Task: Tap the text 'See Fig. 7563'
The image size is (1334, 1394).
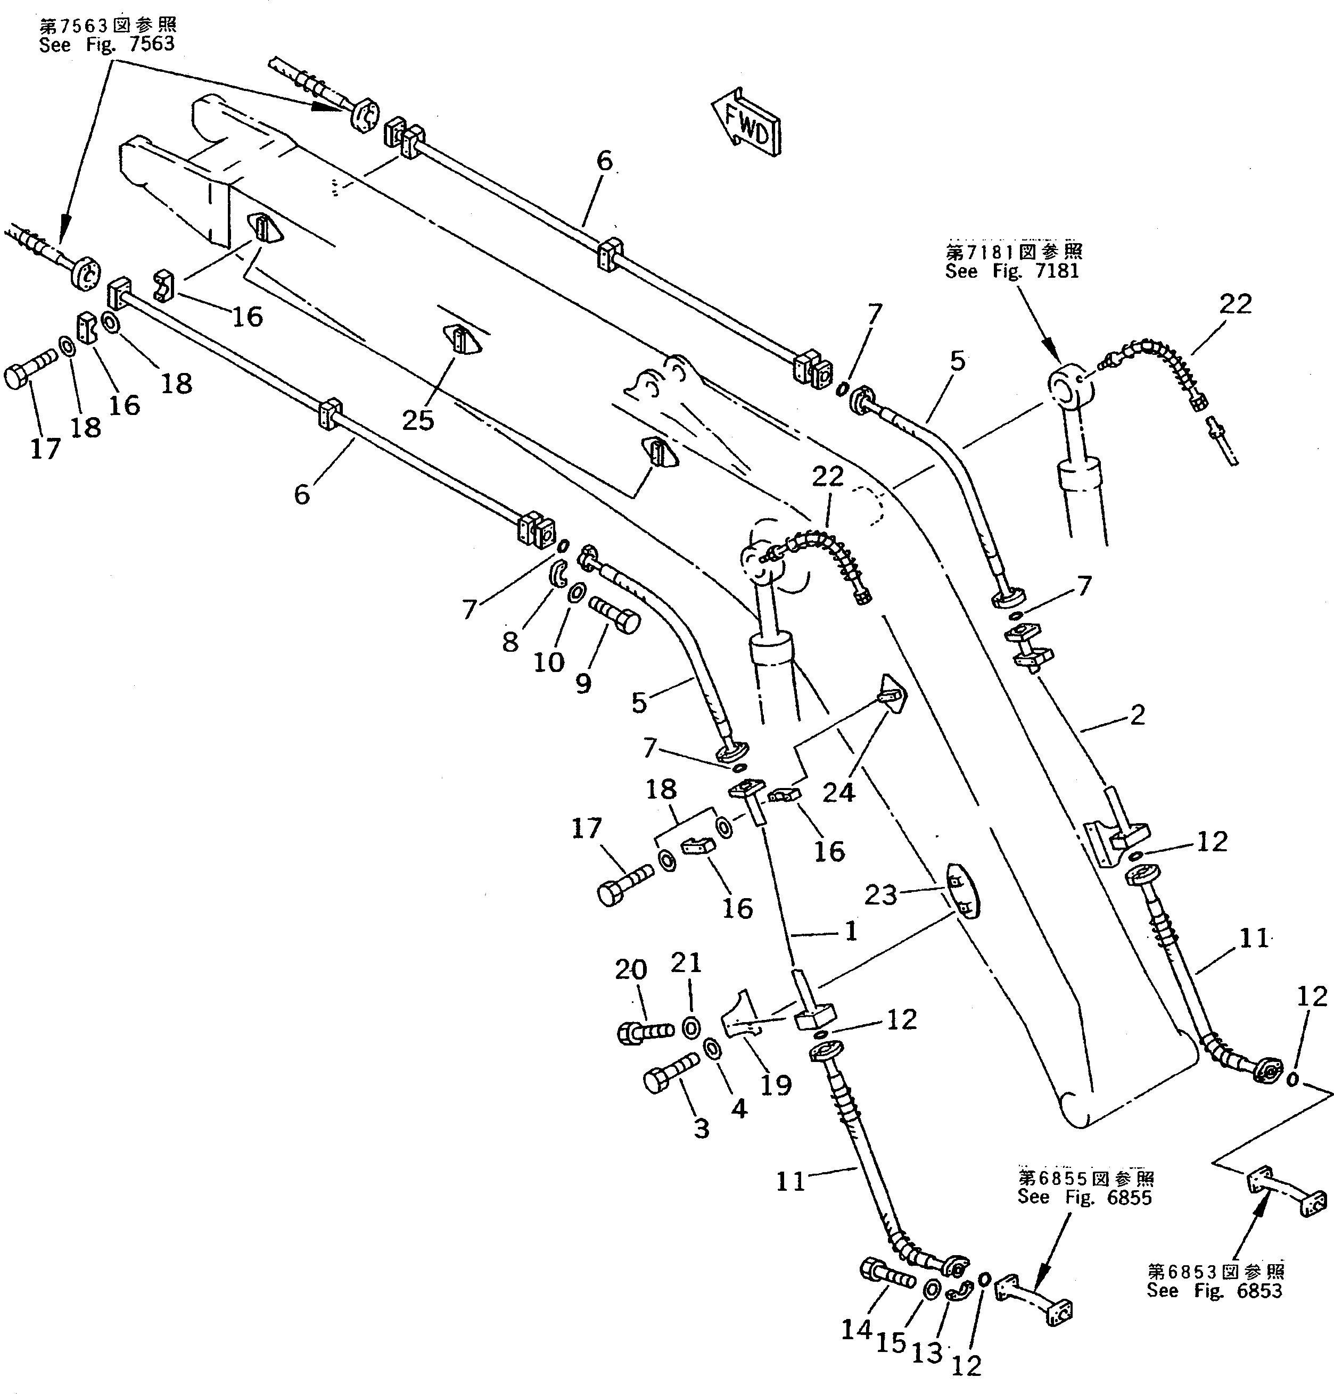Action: (x=106, y=44)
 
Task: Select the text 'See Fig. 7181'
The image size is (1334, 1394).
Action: (x=1011, y=271)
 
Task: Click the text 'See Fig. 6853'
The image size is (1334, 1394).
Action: (x=1215, y=1291)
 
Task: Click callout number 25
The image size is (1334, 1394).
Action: (x=417, y=420)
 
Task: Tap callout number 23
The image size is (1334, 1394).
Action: (x=880, y=894)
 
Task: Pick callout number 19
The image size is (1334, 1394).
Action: (x=775, y=1085)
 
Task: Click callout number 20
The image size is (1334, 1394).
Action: (x=631, y=969)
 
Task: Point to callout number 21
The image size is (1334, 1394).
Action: (x=686, y=962)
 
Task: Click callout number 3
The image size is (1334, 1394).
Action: (x=701, y=1128)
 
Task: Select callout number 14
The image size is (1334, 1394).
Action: (x=856, y=1329)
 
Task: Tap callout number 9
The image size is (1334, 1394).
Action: (x=582, y=684)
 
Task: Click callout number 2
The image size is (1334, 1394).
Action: (x=1137, y=715)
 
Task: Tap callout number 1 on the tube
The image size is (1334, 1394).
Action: (x=851, y=931)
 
